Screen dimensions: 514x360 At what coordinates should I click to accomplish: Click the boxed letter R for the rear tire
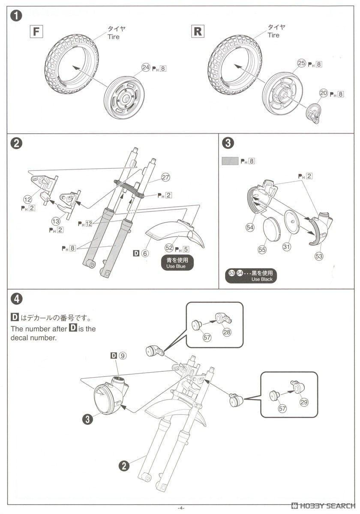pyautogui.click(x=198, y=31)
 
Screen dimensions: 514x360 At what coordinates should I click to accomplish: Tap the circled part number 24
pyautogui.click(x=146, y=68)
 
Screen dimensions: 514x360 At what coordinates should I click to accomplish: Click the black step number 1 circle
pyautogui.click(x=16, y=16)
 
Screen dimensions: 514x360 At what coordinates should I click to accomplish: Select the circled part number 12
pyautogui.click(x=27, y=199)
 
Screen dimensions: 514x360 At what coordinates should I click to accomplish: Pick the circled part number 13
pyautogui.click(x=56, y=221)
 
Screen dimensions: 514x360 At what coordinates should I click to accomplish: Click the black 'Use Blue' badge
pyautogui.click(x=177, y=263)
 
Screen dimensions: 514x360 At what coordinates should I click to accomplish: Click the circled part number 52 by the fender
pyautogui.click(x=169, y=248)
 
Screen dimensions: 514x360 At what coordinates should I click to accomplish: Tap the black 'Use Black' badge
pyautogui.click(x=251, y=276)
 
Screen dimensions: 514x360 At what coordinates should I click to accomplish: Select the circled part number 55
pyautogui.click(x=262, y=249)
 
